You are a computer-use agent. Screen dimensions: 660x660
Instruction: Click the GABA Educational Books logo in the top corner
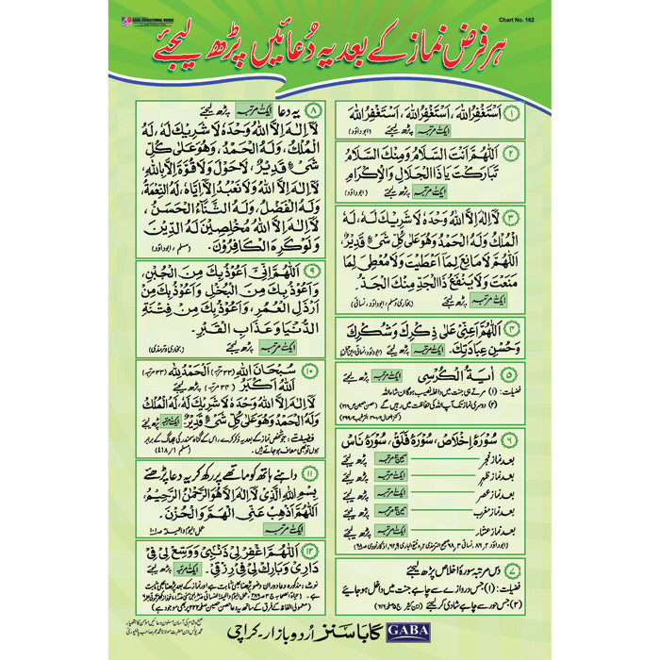pos(158,18)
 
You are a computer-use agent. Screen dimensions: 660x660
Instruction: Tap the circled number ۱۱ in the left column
pos(316,473)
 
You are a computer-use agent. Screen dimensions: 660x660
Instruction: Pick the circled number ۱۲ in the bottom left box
pos(316,551)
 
